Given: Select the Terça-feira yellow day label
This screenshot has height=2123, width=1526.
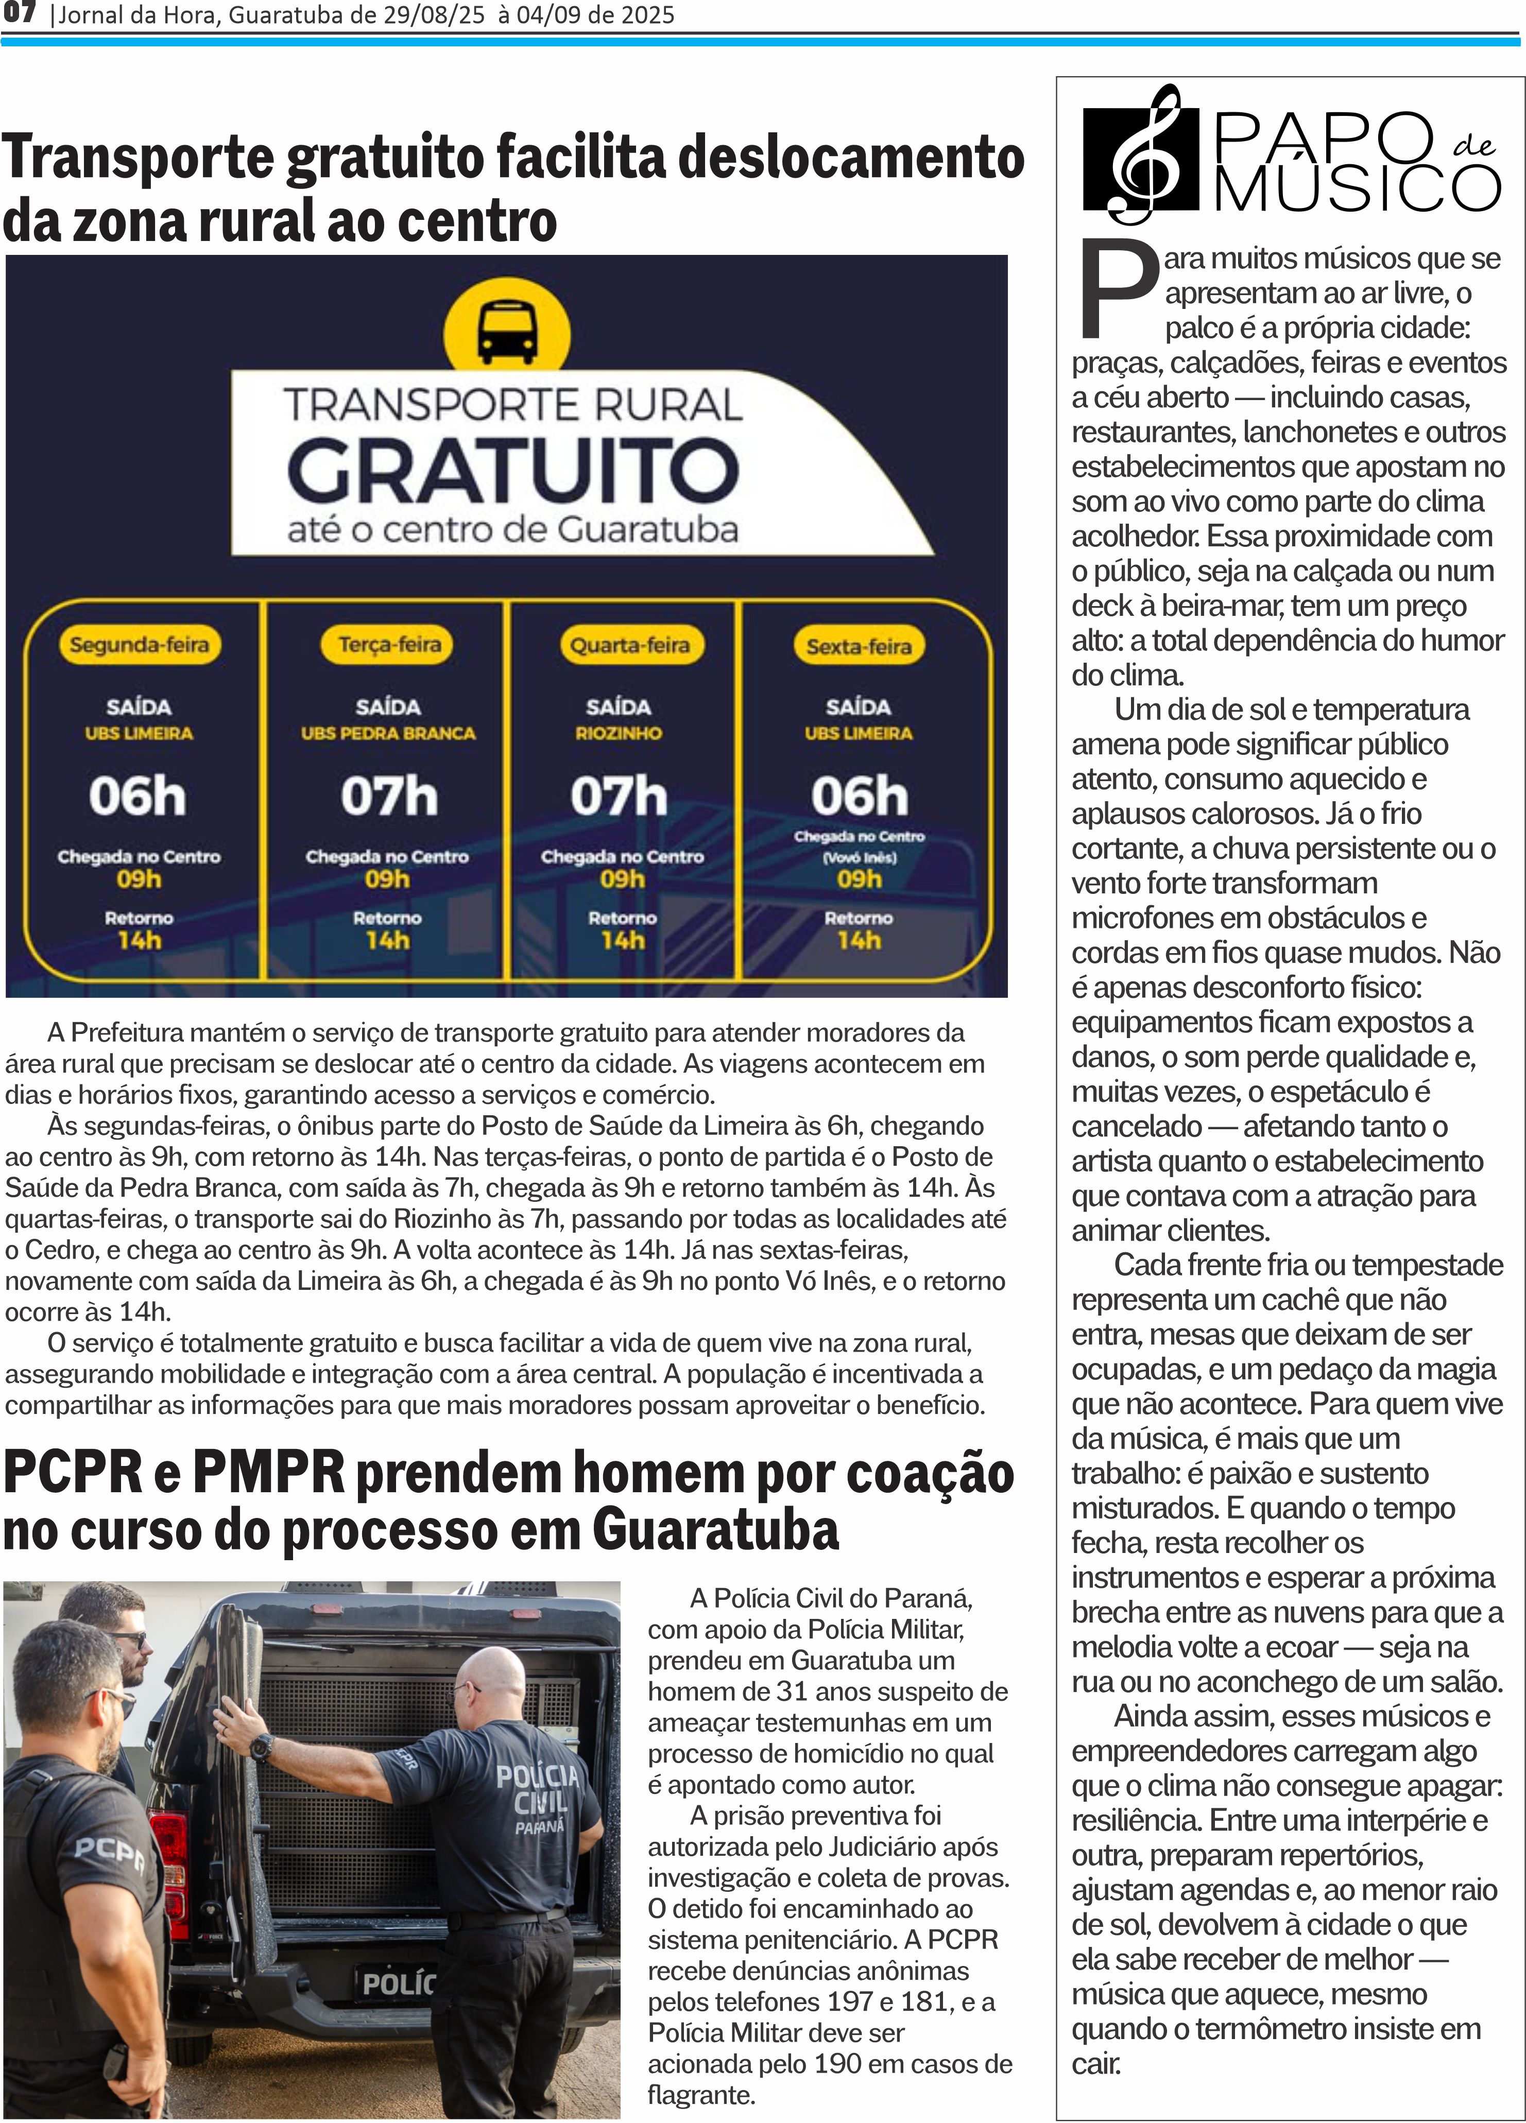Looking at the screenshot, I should pyautogui.click(x=389, y=645).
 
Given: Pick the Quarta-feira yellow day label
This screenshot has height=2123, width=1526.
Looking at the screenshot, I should pyautogui.click(x=629, y=645).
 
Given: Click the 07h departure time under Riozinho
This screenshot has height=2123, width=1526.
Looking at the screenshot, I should pyautogui.click(x=619, y=797).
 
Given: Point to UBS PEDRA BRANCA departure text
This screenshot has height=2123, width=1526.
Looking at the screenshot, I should pyautogui.click(x=388, y=733).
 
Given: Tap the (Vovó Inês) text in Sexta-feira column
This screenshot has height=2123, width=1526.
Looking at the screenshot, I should pyautogui.click(x=860, y=856).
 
